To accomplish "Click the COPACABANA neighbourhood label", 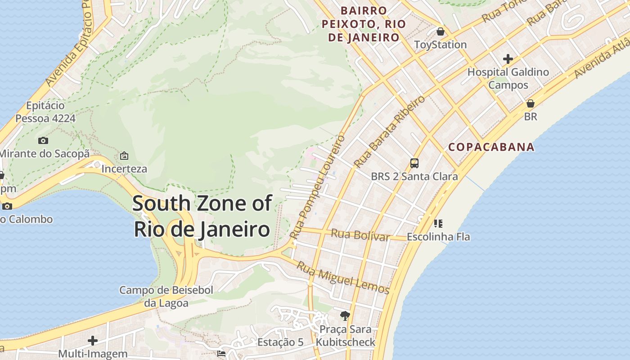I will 491,147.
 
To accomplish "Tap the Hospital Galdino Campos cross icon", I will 508,59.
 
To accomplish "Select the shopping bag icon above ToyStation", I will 440,31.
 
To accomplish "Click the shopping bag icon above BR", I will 531,103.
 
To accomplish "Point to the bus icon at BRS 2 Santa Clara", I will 414,163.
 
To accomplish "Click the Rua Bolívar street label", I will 360,235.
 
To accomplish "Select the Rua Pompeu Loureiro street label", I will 318,186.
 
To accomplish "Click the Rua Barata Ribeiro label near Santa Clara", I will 389,131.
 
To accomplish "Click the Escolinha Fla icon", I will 438,223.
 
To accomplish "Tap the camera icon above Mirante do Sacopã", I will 43,141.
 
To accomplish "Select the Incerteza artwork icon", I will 124,156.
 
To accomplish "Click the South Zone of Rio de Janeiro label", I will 202,216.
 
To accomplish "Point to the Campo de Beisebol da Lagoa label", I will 166,297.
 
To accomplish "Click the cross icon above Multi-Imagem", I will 93,340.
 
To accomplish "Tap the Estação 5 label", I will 280,342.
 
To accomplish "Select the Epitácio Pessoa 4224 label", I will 45,112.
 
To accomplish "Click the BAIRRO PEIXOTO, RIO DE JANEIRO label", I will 364,24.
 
